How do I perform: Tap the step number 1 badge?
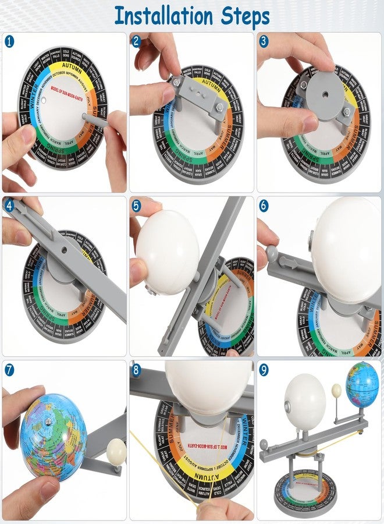coord(9,41)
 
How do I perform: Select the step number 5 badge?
coord(136,206)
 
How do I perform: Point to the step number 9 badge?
coord(264,369)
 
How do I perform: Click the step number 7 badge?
coord(9,369)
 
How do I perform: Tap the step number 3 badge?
coord(264,41)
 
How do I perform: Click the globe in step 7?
coord(52,429)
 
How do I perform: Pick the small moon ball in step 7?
coord(116,449)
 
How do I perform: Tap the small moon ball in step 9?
coord(336,391)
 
